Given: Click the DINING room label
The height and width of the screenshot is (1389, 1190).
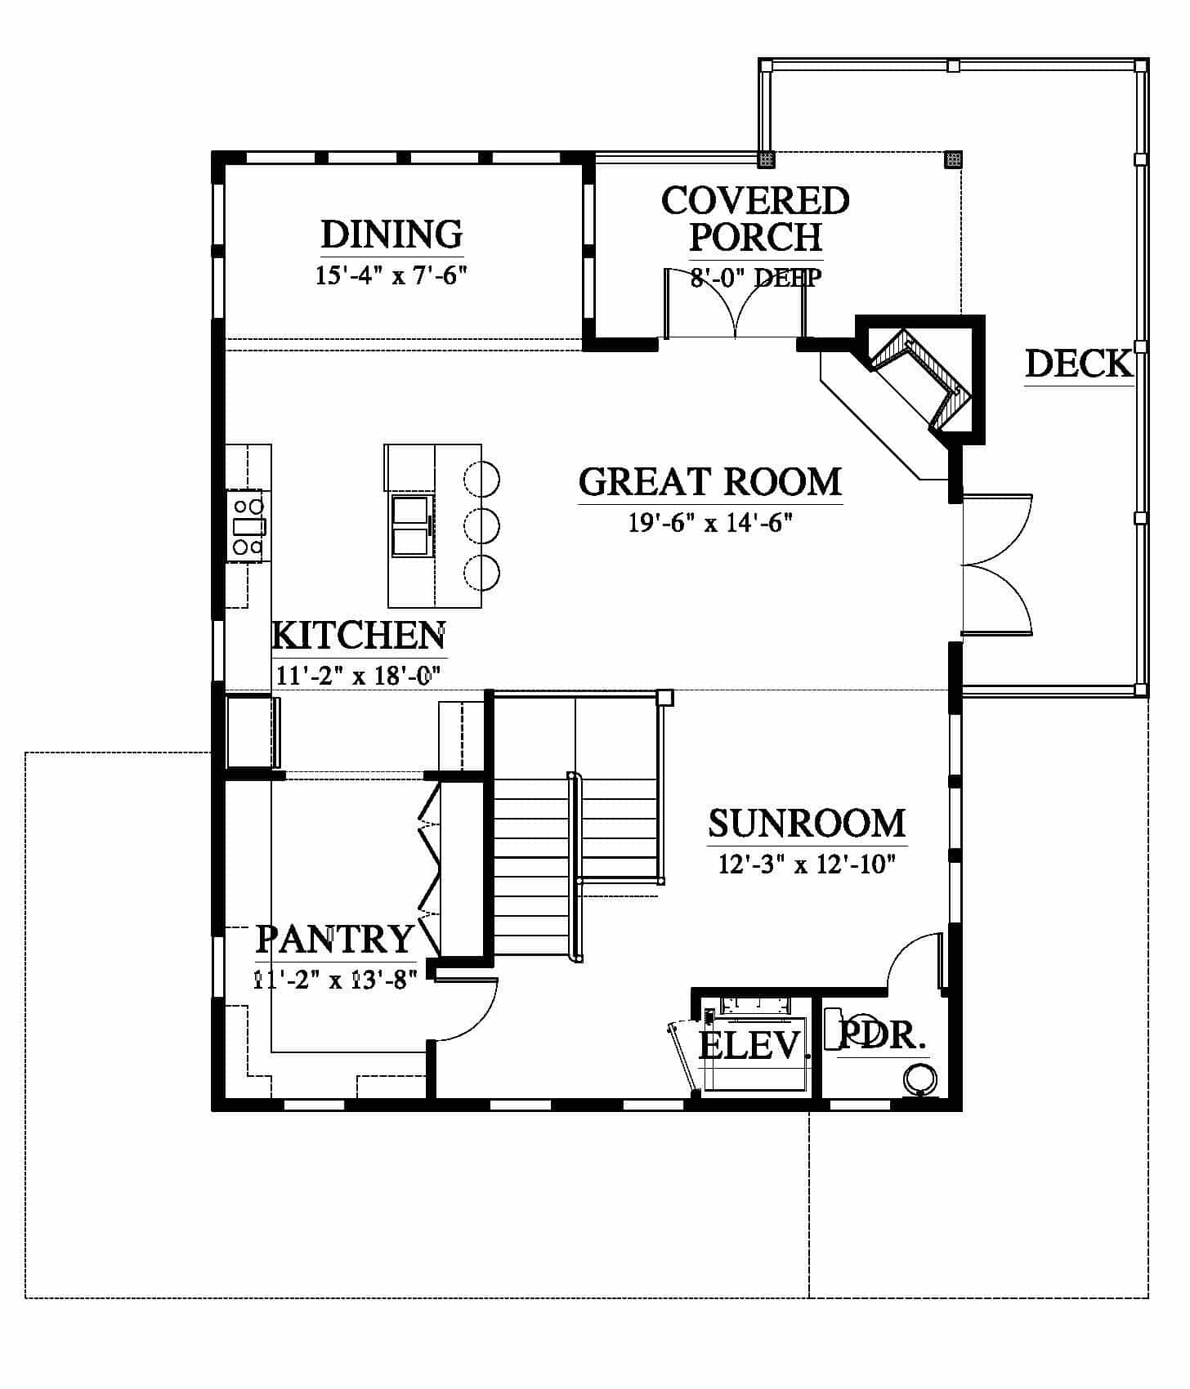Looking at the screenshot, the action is pyautogui.click(x=391, y=234).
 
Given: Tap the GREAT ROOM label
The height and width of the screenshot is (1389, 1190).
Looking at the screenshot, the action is pyautogui.click(x=710, y=482).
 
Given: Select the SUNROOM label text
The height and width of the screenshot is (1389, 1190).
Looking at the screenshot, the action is pyautogui.click(x=807, y=824).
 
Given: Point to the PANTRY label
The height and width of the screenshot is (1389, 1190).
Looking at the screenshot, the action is pyautogui.click(x=335, y=940).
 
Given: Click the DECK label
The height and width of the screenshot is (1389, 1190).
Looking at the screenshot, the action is pyautogui.click(x=1079, y=364).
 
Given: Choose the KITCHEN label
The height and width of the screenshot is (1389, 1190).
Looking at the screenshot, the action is pyautogui.click(x=359, y=636).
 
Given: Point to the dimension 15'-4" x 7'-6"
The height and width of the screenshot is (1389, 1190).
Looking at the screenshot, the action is pyautogui.click(x=391, y=275).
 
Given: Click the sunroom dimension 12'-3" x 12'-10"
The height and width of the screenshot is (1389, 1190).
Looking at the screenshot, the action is pyautogui.click(x=807, y=864).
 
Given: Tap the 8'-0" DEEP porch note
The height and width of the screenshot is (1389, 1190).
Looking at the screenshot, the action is pyautogui.click(x=756, y=278).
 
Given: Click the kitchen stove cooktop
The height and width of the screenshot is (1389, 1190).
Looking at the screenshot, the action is pyautogui.click(x=248, y=525).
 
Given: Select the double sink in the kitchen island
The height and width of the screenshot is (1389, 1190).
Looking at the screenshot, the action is pyautogui.click(x=411, y=525).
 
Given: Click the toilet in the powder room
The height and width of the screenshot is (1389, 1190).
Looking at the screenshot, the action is pyautogui.click(x=921, y=1079).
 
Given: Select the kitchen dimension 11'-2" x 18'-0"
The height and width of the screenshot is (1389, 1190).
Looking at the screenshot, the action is pyautogui.click(x=359, y=676).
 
